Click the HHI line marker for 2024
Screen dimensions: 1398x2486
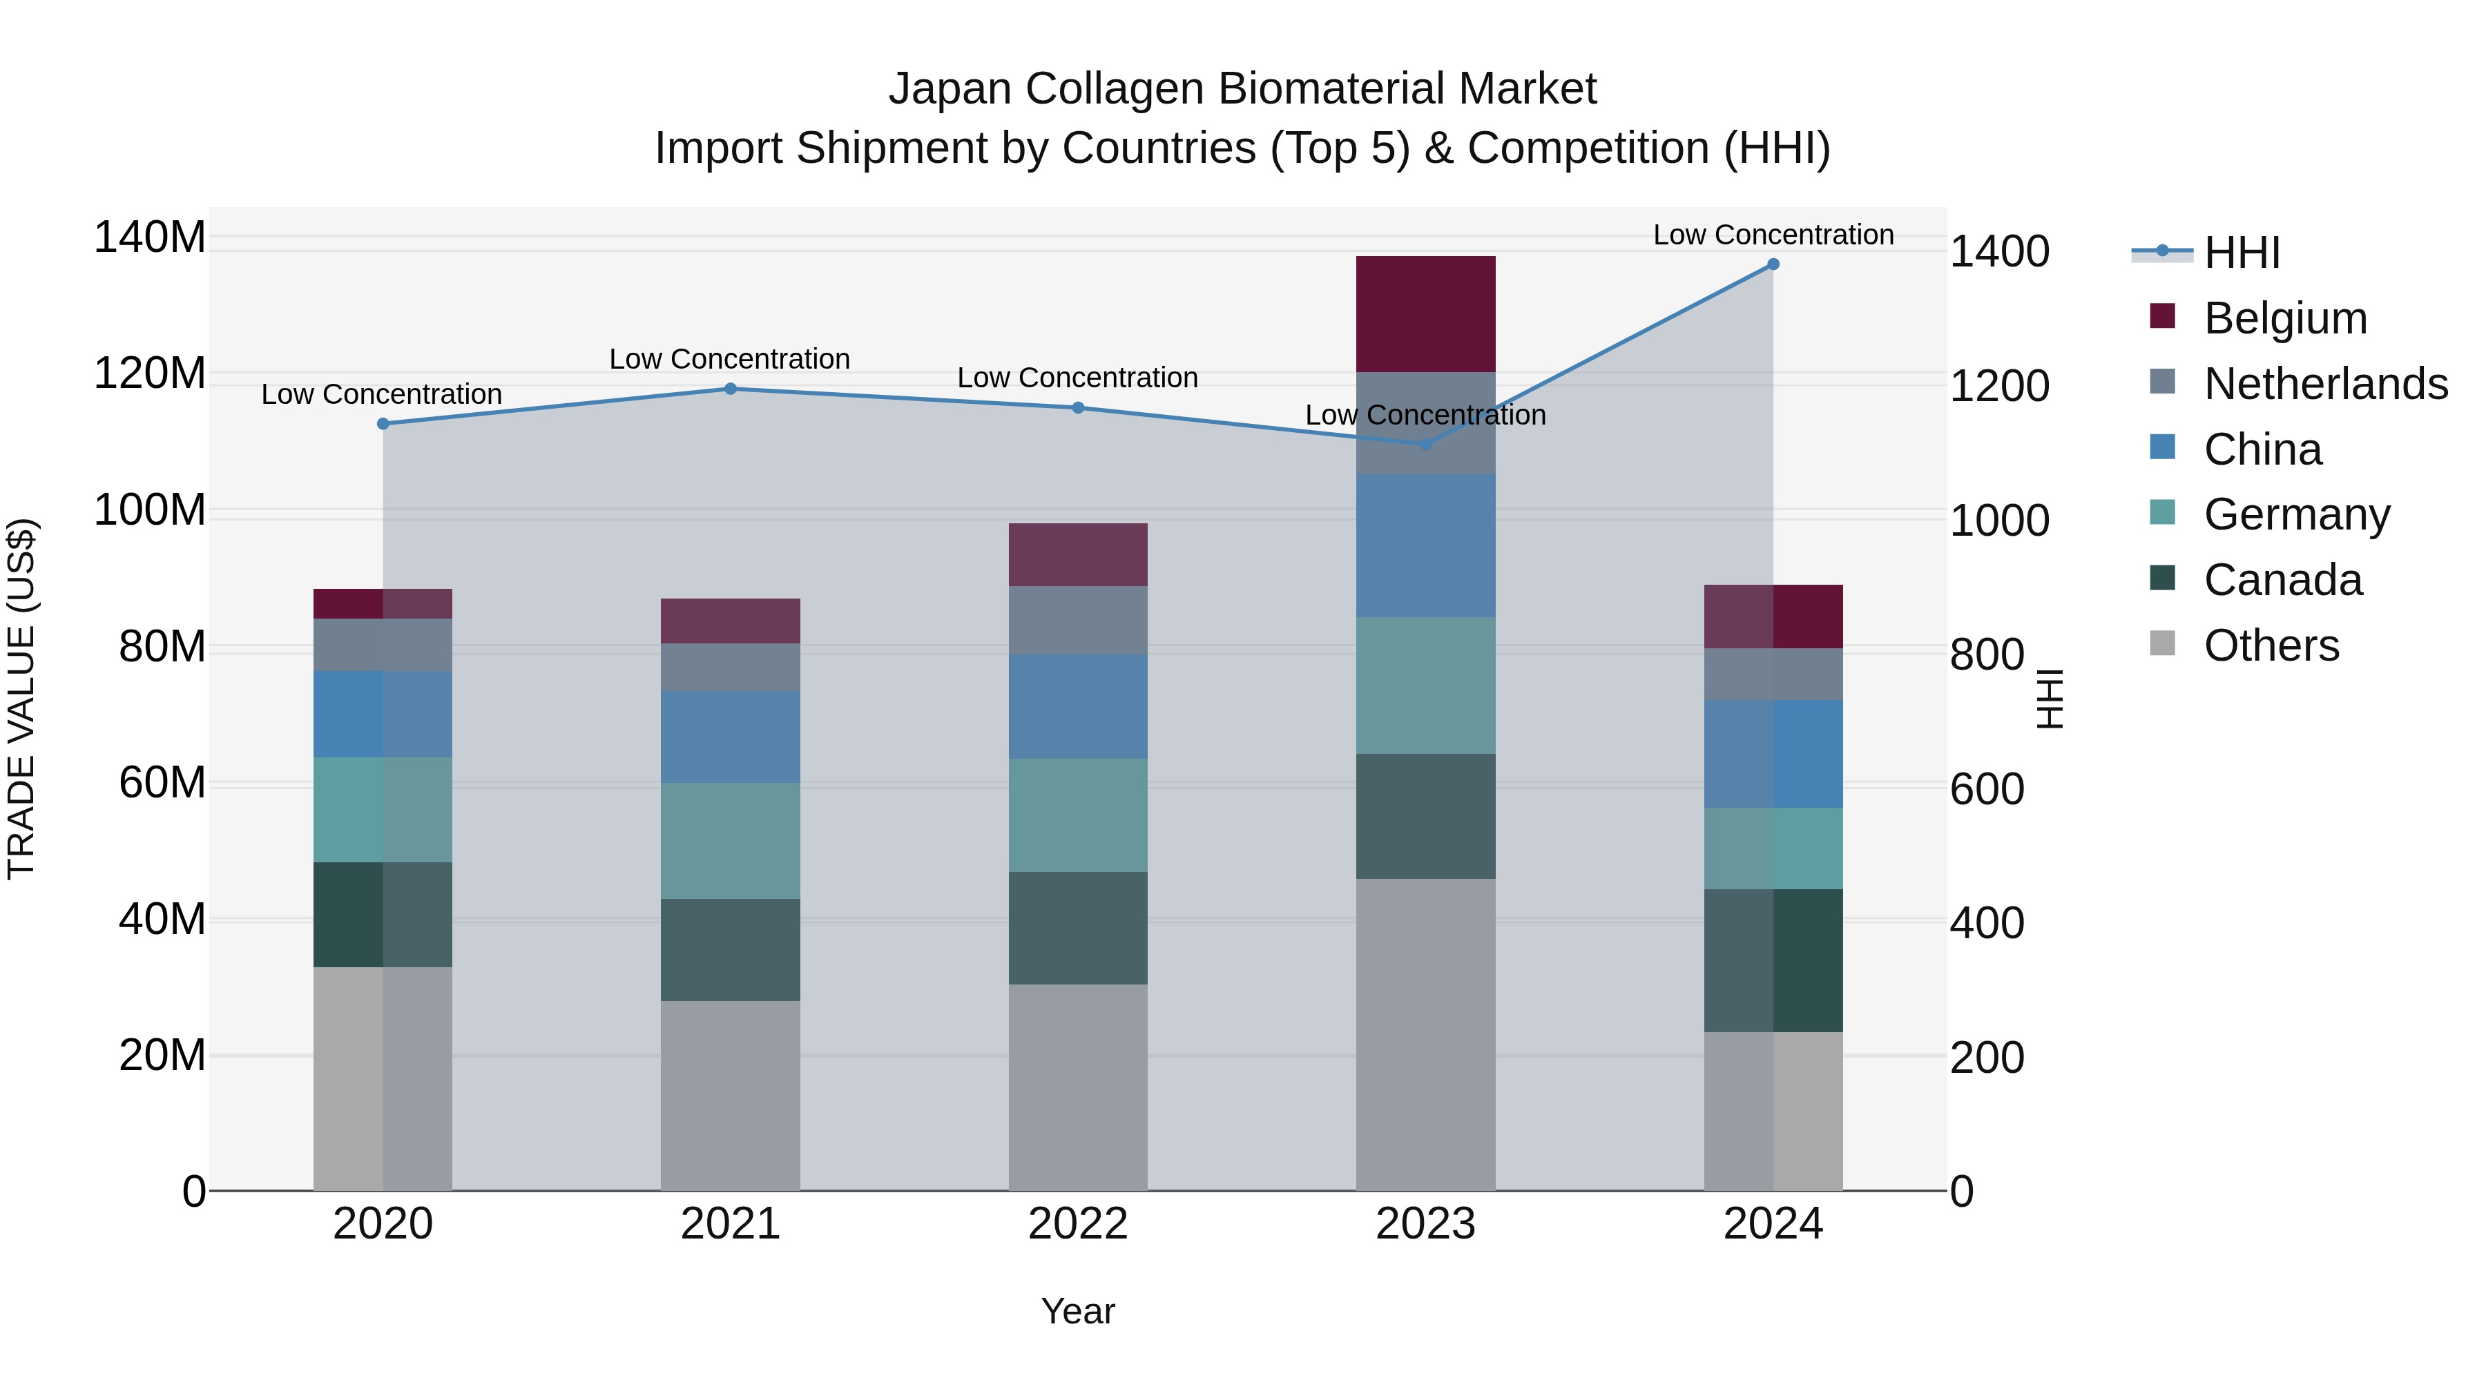coord(1773,264)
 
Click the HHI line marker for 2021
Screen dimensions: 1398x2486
coord(731,389)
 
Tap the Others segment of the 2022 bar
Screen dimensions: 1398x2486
coord(1078,1087)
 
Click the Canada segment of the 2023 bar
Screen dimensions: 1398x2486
coord(1425,816)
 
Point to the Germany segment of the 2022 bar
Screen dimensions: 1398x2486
coord(1078,815)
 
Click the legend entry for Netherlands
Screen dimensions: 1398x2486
coord(2326,384)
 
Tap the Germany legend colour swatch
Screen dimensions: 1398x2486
coord(2163,512)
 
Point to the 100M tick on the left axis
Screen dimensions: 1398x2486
coord(150,509)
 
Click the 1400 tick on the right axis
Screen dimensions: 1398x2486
coord(2000,252)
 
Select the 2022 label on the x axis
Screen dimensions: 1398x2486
coord(1078,1224)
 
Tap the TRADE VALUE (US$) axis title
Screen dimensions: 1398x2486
coord(21,699)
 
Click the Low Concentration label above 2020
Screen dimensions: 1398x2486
coord(381,395)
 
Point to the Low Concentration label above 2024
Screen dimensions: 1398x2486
coord(1773,235)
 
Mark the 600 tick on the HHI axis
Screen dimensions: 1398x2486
coord(1987,789)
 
